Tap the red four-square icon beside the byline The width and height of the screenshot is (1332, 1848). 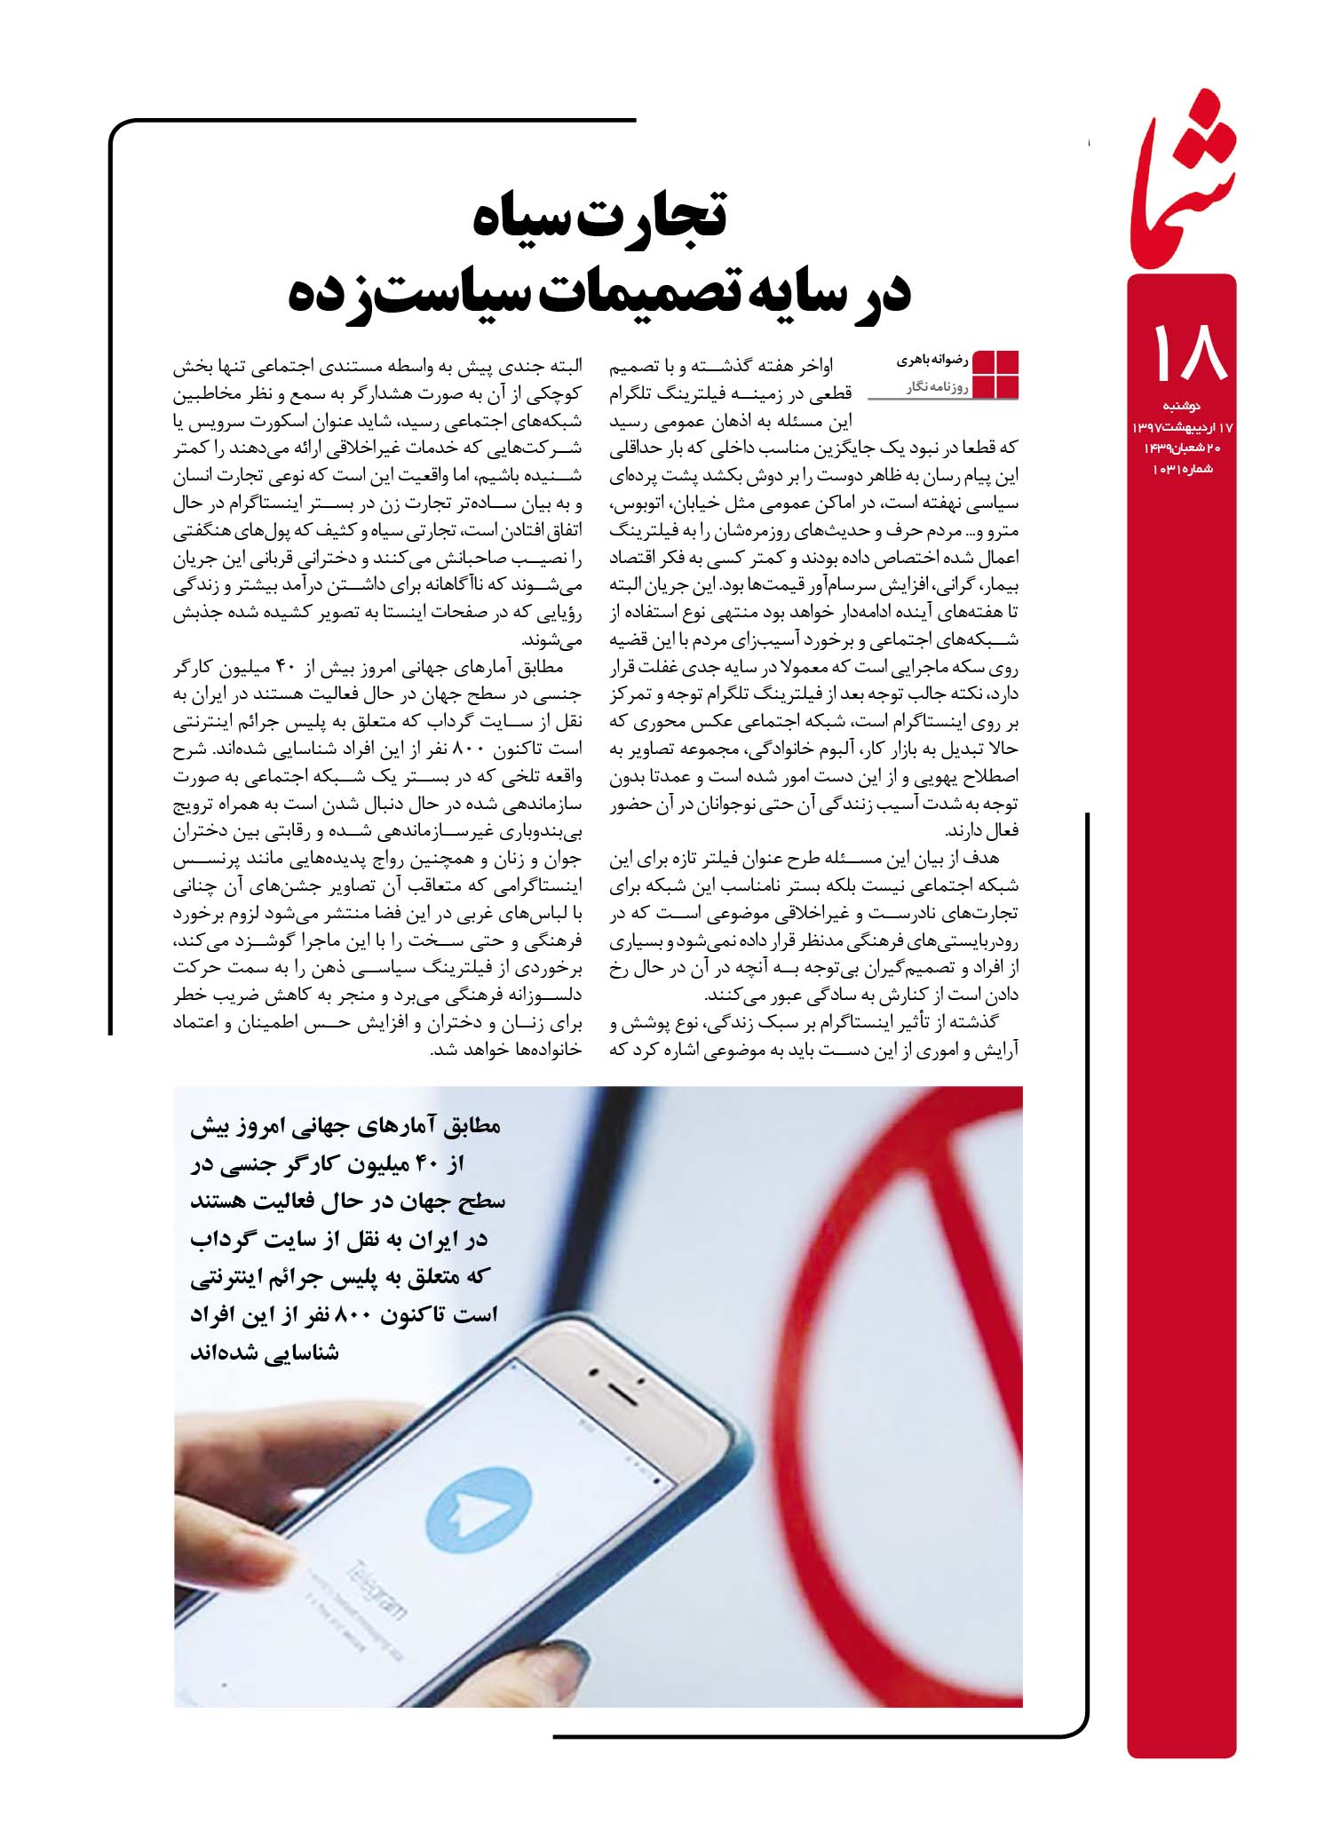(x=996, y=375)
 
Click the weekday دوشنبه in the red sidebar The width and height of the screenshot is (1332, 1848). (x=1181, y=406)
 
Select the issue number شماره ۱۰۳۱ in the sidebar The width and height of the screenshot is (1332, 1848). (x=1181, y=468)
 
